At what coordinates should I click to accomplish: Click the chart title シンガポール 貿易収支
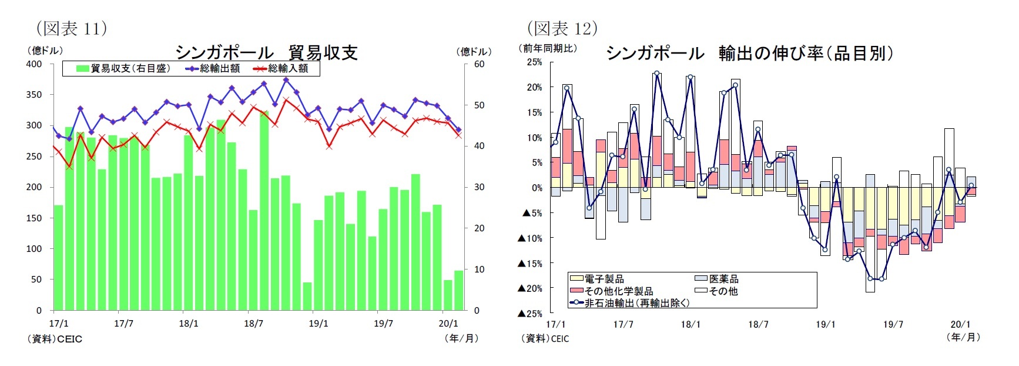click(x=266, y=52)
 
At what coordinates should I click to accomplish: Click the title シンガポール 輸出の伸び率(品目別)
click(x=749, y=53)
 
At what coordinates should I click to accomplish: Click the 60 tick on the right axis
click(x=480, y=64)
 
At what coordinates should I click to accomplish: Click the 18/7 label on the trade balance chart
click(x=253, y=323)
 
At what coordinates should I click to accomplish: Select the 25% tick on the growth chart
click(x=534, y=62)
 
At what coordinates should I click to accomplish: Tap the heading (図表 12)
click(x=562, y=28)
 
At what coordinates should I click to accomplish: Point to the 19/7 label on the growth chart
click(x=893, y=324)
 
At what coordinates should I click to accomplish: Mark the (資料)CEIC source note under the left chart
click(x=55, y=339)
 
